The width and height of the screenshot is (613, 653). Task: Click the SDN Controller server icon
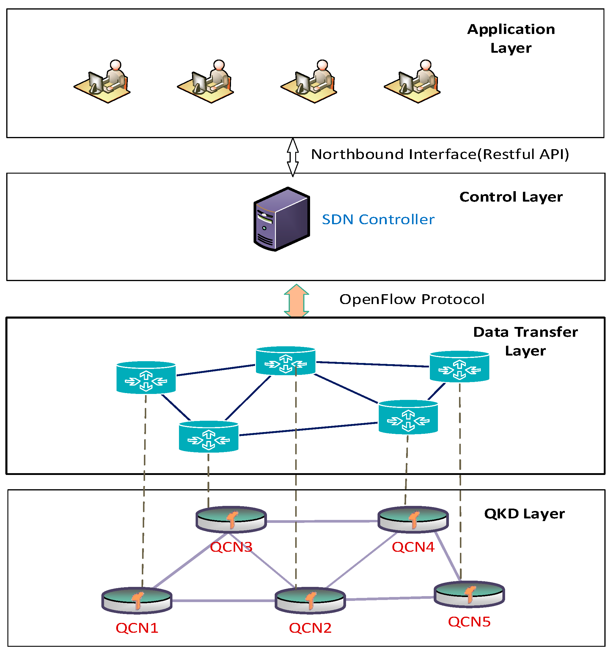[282, 219]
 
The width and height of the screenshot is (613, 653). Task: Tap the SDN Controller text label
[378, 219]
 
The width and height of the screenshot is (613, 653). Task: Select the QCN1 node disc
[137, 600]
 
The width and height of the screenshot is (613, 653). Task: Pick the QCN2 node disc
[310, 600]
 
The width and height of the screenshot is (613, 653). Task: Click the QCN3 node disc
[231, 519]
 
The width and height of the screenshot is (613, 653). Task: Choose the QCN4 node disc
[413, 519]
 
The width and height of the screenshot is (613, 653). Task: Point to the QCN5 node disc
[469, 594]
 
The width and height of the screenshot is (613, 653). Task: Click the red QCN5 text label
[469, 622]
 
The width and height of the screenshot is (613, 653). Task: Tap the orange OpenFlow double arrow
[296, 300]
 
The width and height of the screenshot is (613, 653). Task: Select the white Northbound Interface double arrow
[293, 157]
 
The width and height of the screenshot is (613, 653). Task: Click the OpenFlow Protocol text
[412, 299]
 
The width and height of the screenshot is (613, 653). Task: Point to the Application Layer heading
[511, 38]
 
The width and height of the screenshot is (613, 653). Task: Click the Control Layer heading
[511, 197]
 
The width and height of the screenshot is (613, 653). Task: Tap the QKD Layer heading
[524, 514]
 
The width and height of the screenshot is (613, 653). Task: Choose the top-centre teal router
[285, 361]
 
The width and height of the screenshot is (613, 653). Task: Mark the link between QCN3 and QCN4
[321, 521]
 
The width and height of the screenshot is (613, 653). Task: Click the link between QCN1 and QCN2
[223, 601]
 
